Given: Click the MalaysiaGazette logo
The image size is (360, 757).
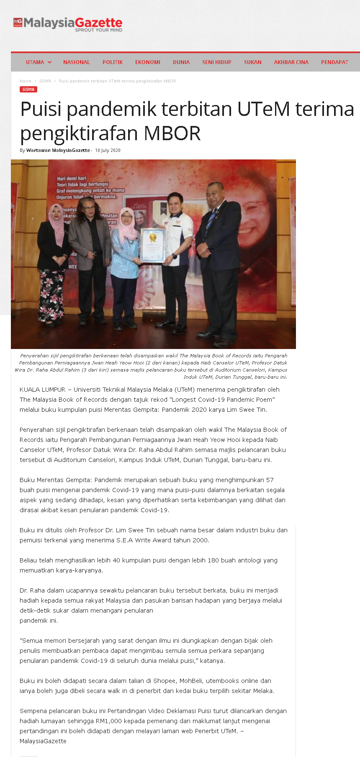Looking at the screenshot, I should coord(68,24).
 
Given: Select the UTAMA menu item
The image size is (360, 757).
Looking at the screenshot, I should coord(35,62).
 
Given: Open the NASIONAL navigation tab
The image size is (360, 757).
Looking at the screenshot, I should coord(77,62).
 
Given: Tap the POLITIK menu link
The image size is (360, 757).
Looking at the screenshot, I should coord(113,62).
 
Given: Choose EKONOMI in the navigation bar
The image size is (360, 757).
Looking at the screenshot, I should coord(148,62).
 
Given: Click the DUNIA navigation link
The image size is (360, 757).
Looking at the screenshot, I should coord(181,62).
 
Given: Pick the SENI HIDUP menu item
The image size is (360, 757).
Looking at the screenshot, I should coord(217,62).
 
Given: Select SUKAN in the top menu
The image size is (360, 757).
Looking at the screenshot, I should coord(253,62).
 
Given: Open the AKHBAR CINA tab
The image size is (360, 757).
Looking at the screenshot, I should coord(291,62).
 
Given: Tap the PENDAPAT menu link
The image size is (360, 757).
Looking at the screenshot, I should coord(334,62).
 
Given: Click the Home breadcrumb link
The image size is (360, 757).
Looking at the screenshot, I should coord(26,81).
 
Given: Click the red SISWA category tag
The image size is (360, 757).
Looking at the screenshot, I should coord(28,90).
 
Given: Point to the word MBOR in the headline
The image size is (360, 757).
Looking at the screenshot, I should coord(172,133).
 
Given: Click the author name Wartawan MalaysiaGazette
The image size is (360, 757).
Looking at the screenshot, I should coord(58,150).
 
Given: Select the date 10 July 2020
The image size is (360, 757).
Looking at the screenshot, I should coord(108,150).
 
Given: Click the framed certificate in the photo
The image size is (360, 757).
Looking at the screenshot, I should coord(152,246).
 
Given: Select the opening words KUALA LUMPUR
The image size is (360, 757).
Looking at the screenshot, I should coord(43,390).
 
